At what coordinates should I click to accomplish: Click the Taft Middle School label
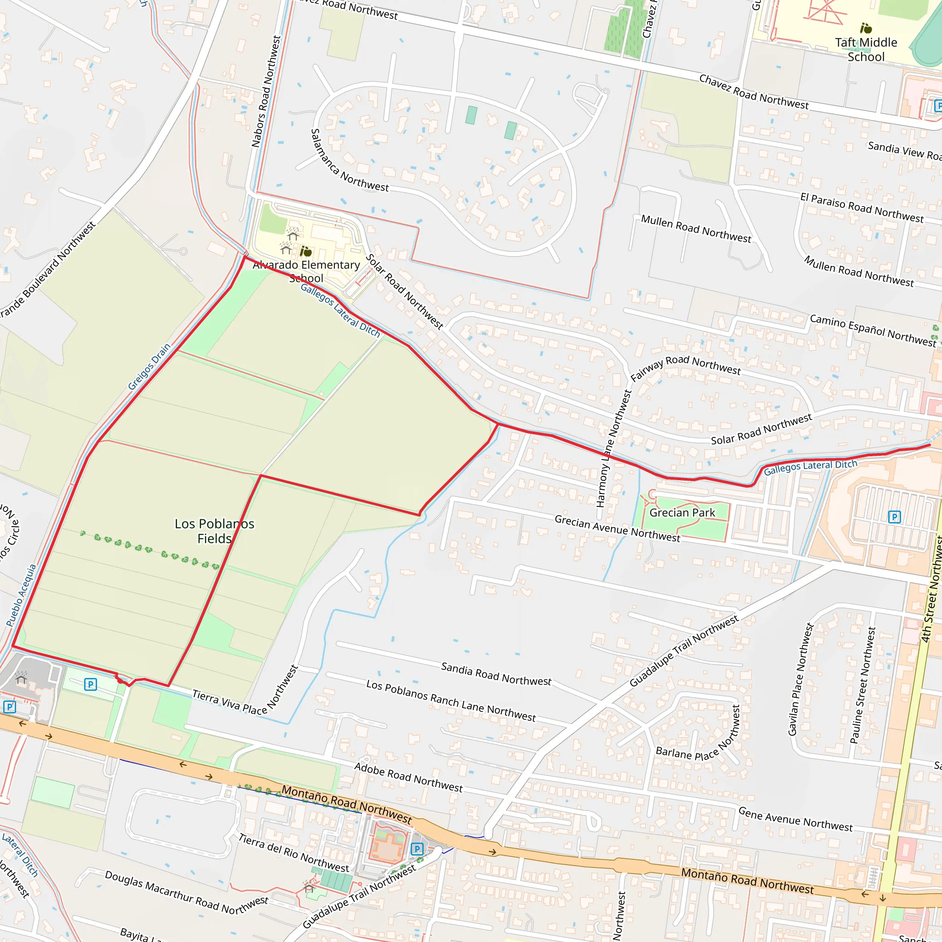point(866,49)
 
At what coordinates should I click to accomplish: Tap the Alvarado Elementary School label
point(306,271)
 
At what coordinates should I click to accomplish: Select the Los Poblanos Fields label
point(214,531)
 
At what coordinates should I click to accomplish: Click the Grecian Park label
point(682,512)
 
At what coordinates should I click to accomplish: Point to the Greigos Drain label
point(149,367)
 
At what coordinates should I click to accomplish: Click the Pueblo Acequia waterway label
point(21,595)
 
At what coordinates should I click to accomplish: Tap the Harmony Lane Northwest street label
point(614,448)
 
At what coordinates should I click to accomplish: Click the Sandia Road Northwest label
point(496,674)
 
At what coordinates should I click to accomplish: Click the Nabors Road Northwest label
point(266,91)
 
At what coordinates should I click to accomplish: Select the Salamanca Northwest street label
point(349,161)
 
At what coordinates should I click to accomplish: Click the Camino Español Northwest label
point(873,330)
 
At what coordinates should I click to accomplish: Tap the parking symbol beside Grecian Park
point(894,517)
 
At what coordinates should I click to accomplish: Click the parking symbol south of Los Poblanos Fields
point(90,684)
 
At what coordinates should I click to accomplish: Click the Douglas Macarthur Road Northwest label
point(186,892)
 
